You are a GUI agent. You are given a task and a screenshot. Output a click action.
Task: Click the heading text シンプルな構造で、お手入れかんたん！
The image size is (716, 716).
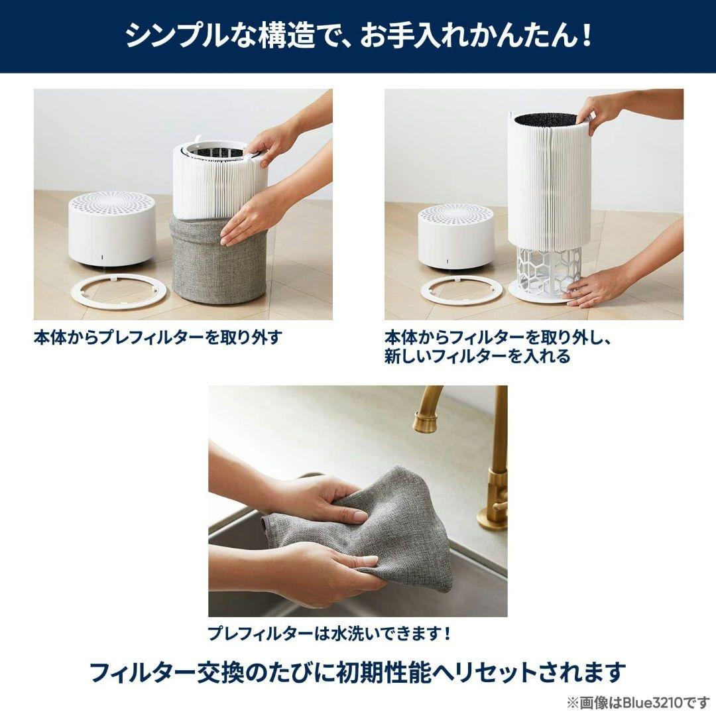pos(358,36)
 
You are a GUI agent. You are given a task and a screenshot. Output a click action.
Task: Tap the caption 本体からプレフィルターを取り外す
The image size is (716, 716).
pos(158,337)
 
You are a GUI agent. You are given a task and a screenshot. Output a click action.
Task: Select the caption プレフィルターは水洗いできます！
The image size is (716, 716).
pos(329,634)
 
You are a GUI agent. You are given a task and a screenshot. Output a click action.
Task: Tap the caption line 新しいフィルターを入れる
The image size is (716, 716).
pos(477,357)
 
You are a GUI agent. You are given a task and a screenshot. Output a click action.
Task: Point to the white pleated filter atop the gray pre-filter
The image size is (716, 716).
pos(219,182)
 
